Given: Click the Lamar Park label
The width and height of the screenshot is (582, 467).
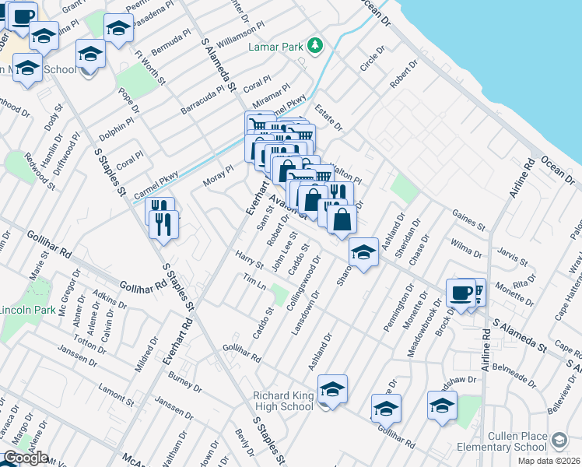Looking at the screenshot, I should pyautogui.click(x=275, y=47).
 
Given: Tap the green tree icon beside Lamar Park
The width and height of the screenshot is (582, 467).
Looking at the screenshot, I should pyautogui.click(x=315, y=46).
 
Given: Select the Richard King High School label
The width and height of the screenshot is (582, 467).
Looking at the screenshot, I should pyautogui.click(x=283, y=401).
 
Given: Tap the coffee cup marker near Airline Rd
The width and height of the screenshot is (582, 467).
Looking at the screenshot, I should pyautogui.click(x=461, y=293).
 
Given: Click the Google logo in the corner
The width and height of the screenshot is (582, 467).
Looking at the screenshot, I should pyautogui.click(x=25, y=458).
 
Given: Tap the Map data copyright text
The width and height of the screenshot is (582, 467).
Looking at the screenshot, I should pyautogui.click(x=549, y=461).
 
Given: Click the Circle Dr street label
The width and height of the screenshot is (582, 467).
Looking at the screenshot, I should pyautogui.click(x=373, y=59).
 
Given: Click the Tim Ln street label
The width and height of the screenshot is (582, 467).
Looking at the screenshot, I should pyautogui.click(x=254, y=283).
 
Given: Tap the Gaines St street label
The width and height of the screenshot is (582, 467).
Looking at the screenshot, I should pyautogui.click(x=468, y=219).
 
